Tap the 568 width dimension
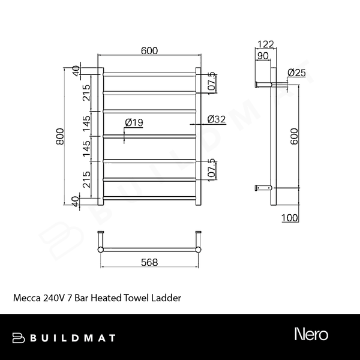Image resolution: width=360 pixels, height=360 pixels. tap(150, 262)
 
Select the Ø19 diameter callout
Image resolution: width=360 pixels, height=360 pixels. tap(134, 122)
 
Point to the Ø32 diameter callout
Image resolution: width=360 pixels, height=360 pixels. tap(216, 119)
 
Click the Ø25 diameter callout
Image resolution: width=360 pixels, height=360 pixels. tap(296, 73)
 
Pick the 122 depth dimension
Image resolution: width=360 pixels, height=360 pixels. tap(266, 44)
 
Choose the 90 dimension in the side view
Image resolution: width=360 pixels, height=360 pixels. tap(263, 56)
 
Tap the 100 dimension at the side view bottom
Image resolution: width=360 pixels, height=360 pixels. tap(290, 218)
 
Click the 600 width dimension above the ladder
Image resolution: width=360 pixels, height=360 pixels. tap(149, 51)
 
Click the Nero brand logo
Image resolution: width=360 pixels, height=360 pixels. tap(311, 334)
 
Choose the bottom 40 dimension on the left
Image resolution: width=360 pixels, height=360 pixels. tap(76, 200)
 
